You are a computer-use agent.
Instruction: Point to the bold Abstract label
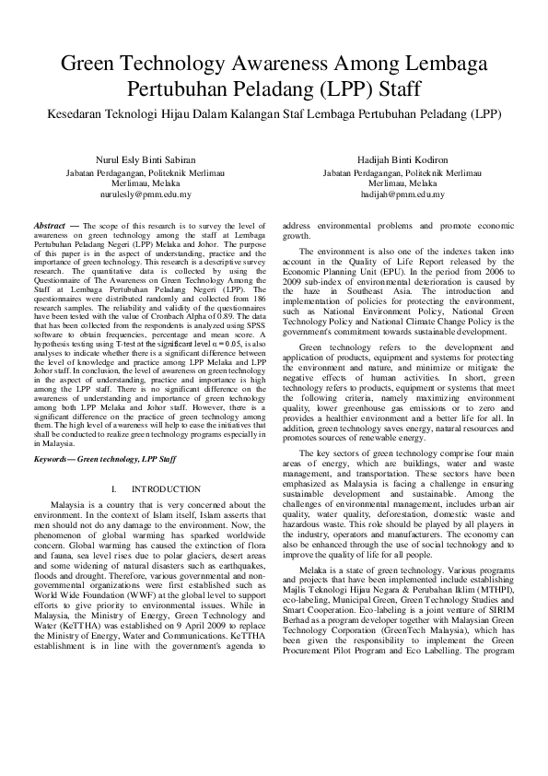coord(49,225)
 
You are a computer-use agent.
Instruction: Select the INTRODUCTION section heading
coord(166,488)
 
